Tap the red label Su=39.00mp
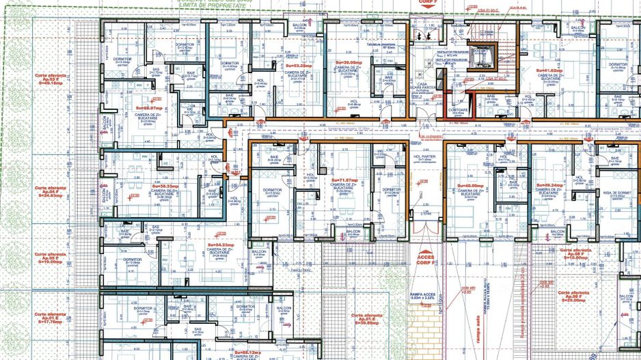pos(347,61)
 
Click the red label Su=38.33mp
pos(165,185)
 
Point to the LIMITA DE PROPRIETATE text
pos(212,4)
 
